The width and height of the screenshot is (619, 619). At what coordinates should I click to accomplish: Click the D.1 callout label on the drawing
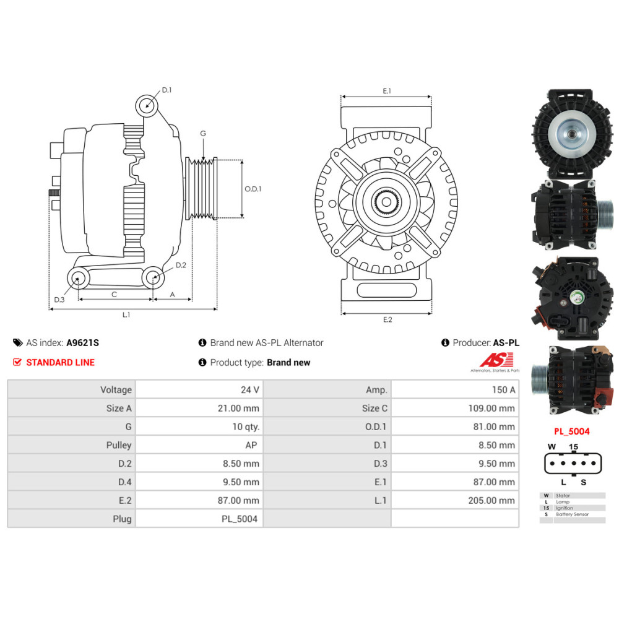pos(167,90)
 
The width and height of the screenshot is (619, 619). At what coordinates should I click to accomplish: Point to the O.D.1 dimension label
pos(253,189)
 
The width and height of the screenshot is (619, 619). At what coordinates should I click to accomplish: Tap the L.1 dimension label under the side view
pos(126,314)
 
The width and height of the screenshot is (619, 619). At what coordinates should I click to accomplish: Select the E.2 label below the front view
pos(387,319)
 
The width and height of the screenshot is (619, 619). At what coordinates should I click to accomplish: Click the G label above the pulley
pos(203,134)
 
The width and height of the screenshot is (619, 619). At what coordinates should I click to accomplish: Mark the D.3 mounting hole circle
pos(78,279)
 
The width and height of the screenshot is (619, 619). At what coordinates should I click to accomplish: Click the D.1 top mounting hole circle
pos(147,106)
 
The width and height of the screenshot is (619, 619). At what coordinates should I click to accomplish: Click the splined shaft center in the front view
pos(386,202)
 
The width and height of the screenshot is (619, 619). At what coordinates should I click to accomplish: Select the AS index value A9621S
pos(82,343)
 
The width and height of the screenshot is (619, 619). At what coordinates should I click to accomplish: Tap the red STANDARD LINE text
pos(61,362)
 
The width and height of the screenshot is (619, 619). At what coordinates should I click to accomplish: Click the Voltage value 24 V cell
pos(199,389)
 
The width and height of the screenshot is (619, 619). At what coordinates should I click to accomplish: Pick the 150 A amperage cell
pos(455,389)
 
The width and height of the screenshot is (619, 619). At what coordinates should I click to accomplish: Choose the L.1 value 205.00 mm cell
pos(455,500)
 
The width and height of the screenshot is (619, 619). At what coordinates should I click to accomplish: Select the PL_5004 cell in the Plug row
pos(199,519)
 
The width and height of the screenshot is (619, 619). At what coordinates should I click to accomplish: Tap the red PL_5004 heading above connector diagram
pos(571,431)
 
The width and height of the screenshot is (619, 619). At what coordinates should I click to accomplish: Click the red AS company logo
pos(496,360)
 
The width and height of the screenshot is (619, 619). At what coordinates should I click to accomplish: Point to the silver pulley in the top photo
pos(572,134)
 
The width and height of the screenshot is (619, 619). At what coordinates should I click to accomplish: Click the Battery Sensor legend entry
pos(572,514)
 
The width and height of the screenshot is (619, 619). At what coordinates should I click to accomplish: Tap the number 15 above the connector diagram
pos(573,446)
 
